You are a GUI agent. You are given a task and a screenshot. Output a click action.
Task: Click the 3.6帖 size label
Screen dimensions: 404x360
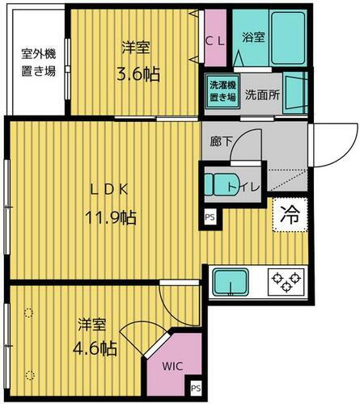click(140, 74)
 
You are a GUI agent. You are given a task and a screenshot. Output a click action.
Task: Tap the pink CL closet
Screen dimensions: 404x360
click(214, 40)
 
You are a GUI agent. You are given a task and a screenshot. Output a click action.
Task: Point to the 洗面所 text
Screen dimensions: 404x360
click(263, 93)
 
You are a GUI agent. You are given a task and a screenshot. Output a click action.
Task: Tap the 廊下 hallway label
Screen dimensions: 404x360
click(222, 140)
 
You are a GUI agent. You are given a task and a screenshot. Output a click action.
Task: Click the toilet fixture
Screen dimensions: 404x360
click(220, 184)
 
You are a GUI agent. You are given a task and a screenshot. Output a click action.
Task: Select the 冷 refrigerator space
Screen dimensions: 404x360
click(289, 216)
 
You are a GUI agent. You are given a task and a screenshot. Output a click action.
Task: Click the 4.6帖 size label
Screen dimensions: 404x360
click(95, 348)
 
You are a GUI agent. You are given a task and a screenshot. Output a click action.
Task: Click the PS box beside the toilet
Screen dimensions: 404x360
click(210, 217)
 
